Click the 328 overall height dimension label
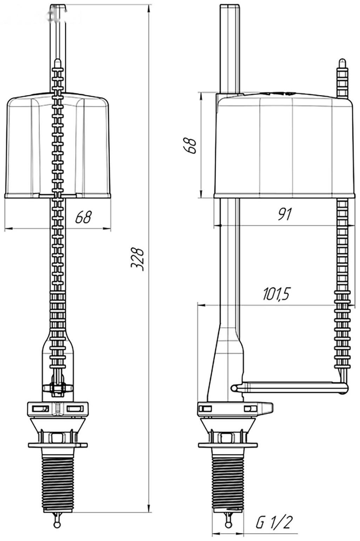pos(137,259)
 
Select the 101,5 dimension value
pos(276,294)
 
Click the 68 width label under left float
pos(83,217)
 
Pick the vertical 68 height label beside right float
pos(190,146)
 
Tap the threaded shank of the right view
pos(228,483)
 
